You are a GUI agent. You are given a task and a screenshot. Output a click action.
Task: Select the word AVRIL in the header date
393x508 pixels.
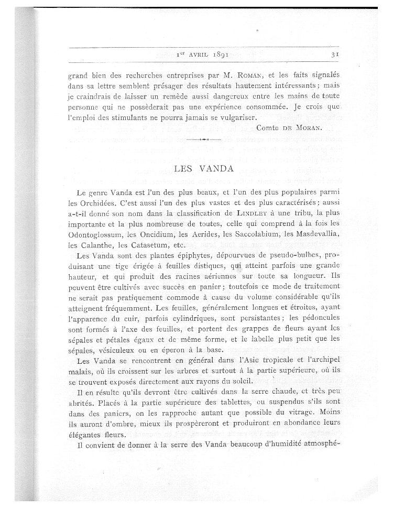192,53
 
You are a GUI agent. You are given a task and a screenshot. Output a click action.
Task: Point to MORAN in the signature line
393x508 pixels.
304,128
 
